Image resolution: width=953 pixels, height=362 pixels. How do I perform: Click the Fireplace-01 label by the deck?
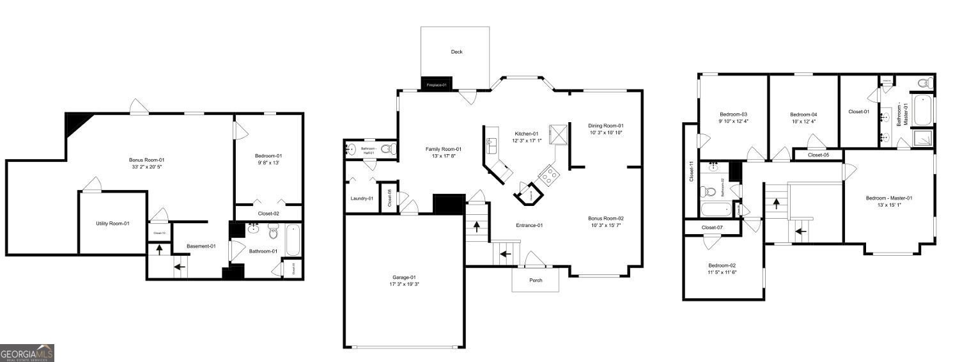[x=436, y=84]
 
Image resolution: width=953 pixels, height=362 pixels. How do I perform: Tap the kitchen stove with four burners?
[x=548, y=175]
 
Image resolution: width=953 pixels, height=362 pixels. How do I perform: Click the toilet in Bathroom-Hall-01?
[x=387, y=149]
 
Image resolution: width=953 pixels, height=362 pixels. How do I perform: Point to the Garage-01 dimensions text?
[x=404, y=284]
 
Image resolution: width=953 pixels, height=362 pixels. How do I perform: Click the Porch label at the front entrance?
[x=536, y=280]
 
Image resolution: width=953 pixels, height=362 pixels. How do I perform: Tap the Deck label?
[x=456, y=52]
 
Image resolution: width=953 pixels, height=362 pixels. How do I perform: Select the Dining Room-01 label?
[x=605, y=125]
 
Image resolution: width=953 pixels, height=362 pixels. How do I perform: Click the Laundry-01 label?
[x=361, y=198]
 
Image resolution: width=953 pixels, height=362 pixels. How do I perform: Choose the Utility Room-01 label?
[x=112, y=223]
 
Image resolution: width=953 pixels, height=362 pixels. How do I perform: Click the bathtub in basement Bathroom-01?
[x=291, y=240]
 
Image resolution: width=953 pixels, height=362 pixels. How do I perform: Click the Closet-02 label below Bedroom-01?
[x=268, y=214]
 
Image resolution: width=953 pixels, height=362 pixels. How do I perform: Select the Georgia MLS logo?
[x=27, y=353]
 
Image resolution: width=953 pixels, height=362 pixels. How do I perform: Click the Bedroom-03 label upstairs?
[x=733, y=114]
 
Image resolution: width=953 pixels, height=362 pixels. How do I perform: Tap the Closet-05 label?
[x=818, y=155]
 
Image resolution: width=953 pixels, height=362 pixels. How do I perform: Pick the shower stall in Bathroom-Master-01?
[x=922, y=139]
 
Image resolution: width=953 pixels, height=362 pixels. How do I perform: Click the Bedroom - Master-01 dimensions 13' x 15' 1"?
[x=888, y=205]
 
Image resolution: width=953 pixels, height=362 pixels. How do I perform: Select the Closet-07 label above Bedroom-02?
[x=712, y=227]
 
